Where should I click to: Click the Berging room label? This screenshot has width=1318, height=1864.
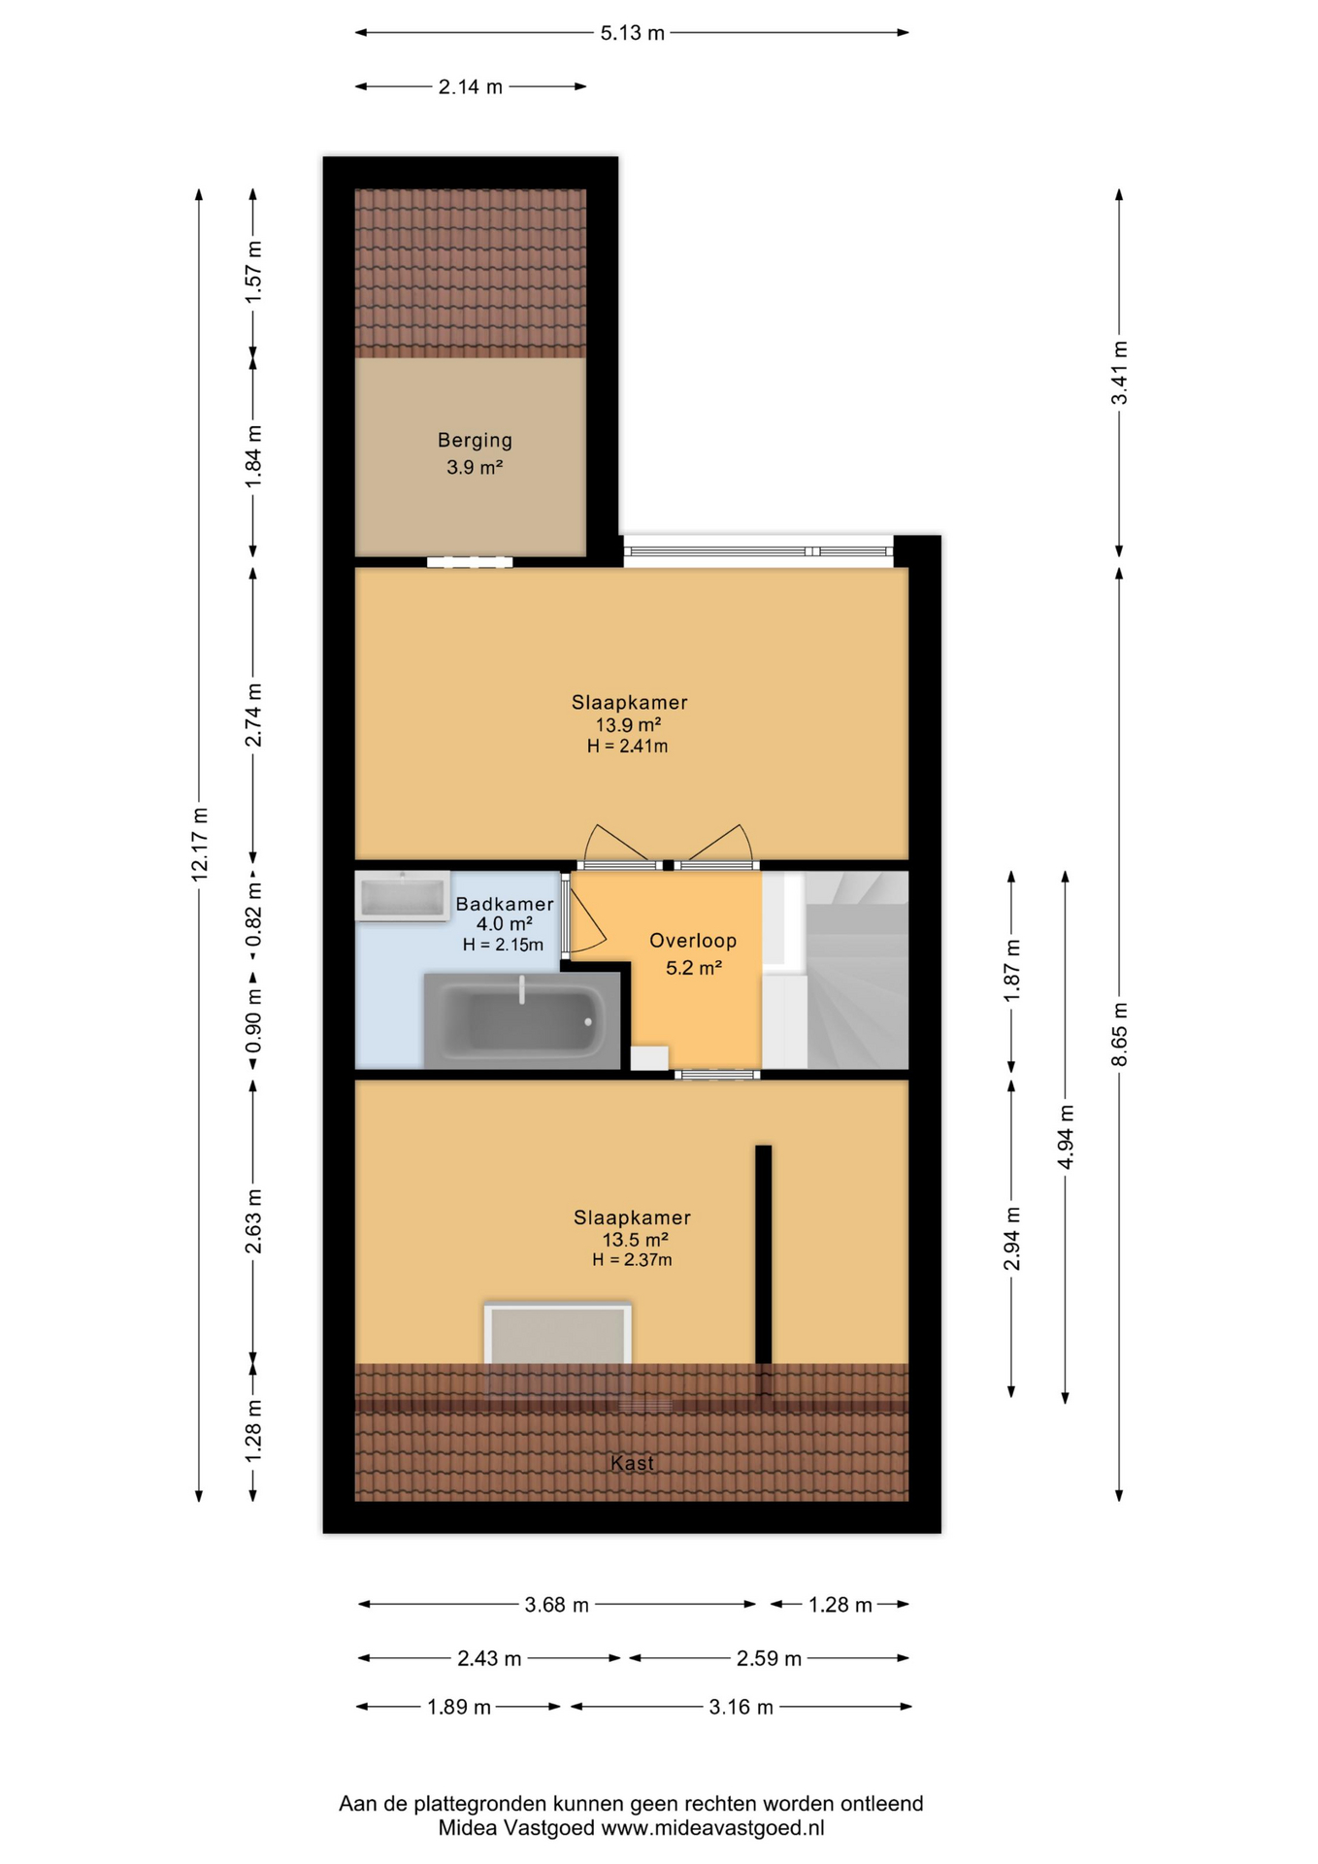coord(475,440)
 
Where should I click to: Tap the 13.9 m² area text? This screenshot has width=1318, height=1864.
coord(628,725)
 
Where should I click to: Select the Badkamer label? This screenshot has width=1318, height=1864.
coord(505,904)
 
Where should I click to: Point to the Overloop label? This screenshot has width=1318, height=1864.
coord(693,941)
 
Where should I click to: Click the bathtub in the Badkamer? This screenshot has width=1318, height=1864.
coord(522,1020)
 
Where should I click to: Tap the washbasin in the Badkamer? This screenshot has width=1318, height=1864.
coord(403,895)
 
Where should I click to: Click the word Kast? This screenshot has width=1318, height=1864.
coord(632,1463)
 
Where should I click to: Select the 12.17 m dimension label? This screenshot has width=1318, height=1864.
coord(199,845)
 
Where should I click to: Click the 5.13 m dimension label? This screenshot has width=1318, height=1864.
coord(632,33)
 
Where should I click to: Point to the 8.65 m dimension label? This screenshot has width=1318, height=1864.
coord(1119,1034)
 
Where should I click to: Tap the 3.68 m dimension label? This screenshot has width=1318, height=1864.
coord(557,1605)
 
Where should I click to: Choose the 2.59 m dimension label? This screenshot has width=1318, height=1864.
coord(769,1658)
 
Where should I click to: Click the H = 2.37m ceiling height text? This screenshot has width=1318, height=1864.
coord(632,1260)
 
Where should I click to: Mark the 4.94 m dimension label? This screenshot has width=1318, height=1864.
coord(1065,1137)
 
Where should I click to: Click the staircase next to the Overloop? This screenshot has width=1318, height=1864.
coord(857,970)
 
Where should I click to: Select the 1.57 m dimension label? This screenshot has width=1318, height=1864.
coord(253,271)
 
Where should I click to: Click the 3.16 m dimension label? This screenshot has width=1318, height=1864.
coord(741,1707)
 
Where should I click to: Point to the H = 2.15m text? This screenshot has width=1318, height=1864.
coord(503,945)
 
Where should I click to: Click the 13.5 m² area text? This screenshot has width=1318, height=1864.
coord(635,1240)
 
